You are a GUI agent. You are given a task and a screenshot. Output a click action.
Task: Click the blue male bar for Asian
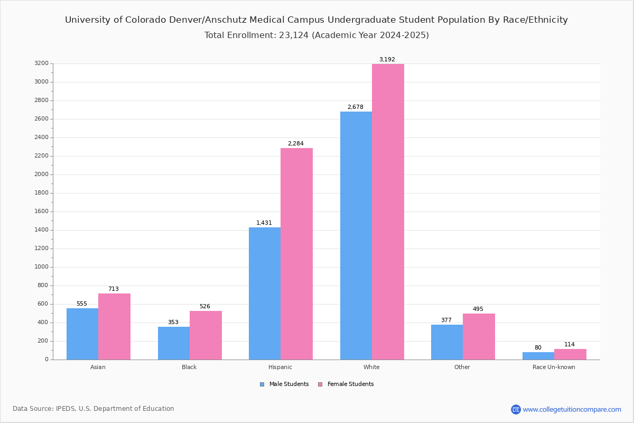pos(82,334)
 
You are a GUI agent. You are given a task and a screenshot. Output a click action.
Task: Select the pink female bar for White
pos(388,212)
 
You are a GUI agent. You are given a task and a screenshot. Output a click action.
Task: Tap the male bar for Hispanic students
pos(265,293)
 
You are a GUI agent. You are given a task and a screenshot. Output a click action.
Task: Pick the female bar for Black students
pos(206,335)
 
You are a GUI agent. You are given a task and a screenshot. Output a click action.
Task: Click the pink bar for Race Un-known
pos(570,354)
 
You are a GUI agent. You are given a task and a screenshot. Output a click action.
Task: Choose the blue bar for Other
pos(447,342)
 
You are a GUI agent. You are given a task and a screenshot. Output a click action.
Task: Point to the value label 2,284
pos(296,143)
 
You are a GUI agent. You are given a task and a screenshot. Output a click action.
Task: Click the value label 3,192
pos(387,59)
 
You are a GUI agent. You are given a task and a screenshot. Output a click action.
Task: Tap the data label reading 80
pos(538,347)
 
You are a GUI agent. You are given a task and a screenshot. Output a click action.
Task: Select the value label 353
pos(173,322)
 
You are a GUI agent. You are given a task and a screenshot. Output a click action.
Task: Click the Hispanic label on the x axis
pos(280,367)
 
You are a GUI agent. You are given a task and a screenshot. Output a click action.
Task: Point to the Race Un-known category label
pos(554,367)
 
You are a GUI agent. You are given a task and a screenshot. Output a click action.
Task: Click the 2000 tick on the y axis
pos(42,174)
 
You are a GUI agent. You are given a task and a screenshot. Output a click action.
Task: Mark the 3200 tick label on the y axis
pos(42,63)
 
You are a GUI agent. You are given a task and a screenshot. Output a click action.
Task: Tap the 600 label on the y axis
pos(43,304)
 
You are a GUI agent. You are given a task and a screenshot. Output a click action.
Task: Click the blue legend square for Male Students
pos(262,384)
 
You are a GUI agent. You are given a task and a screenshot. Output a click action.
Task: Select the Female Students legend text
pos(350,384)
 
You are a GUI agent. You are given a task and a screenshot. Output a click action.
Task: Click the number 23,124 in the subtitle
pos(294,35)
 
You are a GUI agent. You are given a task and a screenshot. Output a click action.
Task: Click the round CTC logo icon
pos(516,409)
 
